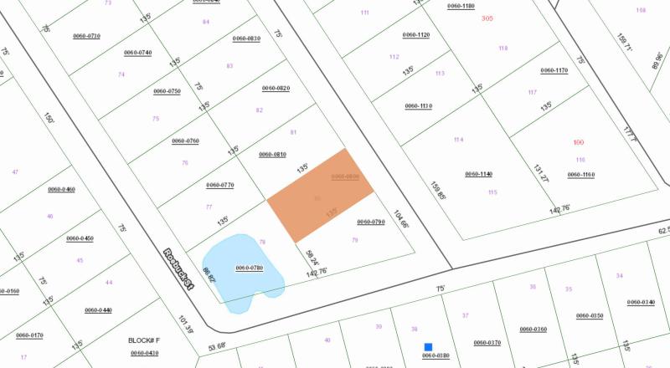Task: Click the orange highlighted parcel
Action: click(x=320, y=197)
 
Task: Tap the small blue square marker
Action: click(x=428, y=347)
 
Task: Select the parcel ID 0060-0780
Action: click(x=250, y=268)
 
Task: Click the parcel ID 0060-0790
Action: click(x=370, y=222)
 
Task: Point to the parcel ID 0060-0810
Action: click(x=272, y=154)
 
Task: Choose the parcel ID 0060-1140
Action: click(x=479, y=174)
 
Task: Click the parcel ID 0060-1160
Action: click(x=580, y=175)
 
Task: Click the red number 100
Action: click(x=578, y=143)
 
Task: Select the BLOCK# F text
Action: click(x=143, y=340)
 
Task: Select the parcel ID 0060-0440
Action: click(x=98, y=310)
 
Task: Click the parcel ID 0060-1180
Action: click(x=461, y=6)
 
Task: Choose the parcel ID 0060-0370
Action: click(x=487, y=343)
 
